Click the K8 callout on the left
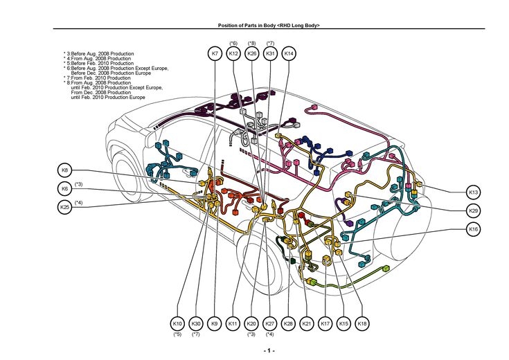click(x=65, y=170)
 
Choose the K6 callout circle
click(x=65, y=188)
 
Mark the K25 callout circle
click(x=65, y=206)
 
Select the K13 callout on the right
click(x=473, y=192)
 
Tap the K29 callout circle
click(x=473, y=210)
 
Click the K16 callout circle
click(x=473, y=229)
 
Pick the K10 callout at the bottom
click(x=177, y=323)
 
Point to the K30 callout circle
click(x=196, y=323)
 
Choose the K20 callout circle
click(x=251, y=323)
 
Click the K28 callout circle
click(x=289, y=323)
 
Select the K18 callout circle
click(x=362, y=323)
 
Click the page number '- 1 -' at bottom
click(x=269, y=351)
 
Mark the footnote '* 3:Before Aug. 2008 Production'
click(x=98, y=53)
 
